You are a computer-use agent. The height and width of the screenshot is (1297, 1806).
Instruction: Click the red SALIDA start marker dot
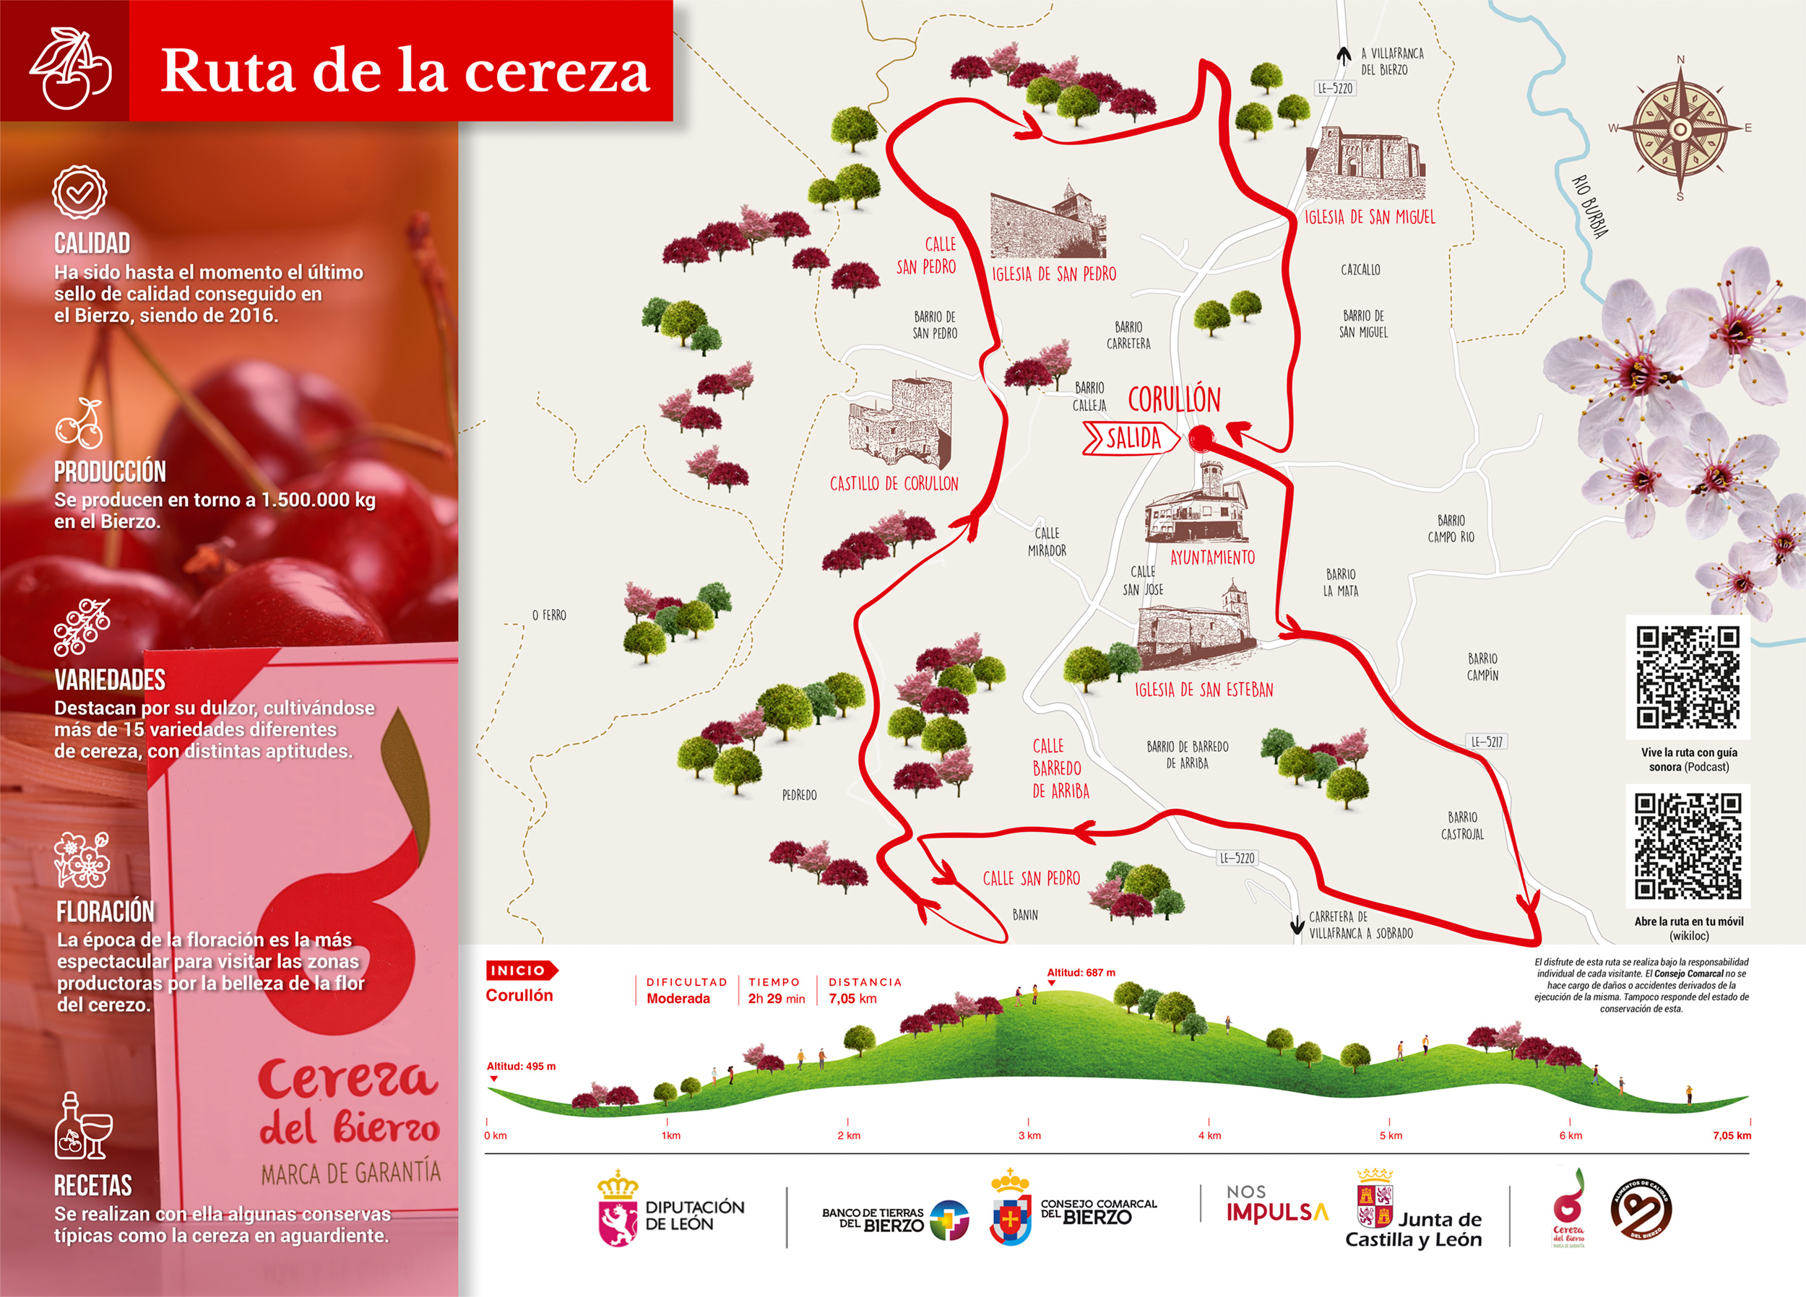tap(1201, 438)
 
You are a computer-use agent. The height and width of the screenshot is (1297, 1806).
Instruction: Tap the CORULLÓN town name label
tap(1174, 399)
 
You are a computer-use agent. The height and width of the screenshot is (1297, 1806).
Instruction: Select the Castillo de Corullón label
tap(894, 484)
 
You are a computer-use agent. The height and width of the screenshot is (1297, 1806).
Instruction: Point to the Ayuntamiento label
tap(1212, 558)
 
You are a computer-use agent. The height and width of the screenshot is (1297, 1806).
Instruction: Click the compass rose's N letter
tap(1680, 60)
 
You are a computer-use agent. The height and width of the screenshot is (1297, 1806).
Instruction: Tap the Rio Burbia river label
tap(1590, 207)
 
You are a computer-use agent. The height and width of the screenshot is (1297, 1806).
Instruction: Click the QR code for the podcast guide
tap(1688, 677)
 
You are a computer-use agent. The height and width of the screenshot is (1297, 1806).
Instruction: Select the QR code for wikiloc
tap(1688, 846)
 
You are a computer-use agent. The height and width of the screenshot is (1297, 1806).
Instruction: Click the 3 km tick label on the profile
tap(1029, 1135)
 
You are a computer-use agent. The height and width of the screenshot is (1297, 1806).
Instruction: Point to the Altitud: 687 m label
tap(1081, 972)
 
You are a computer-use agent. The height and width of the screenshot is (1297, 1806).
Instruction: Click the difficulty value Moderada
tap(678, 999)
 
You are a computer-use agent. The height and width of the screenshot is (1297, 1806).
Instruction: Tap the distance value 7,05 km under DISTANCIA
tap(852, 999)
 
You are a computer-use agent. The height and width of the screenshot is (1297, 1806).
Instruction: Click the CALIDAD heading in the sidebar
tap(92, 243)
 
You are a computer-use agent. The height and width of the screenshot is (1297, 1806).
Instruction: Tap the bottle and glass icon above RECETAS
tap(83, 1126)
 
